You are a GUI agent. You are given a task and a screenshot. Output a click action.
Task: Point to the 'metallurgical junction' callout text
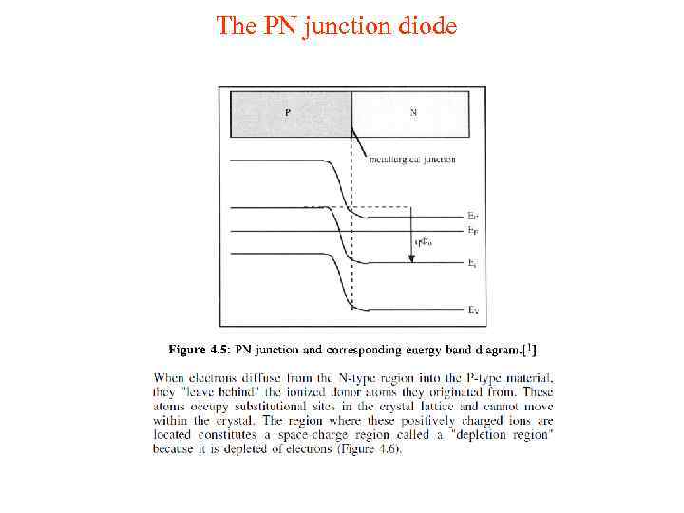click(x=411, y=159)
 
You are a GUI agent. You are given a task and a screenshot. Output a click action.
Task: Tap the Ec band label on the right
click(x=473, y=216)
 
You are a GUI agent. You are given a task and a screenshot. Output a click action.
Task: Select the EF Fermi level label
click(x=473, y=231)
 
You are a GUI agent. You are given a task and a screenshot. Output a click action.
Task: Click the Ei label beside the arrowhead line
click(x=472, y=262)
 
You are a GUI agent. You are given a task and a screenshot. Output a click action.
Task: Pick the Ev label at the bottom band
click(x=473, y=309)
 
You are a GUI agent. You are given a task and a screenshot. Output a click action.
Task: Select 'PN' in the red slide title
click(x=278, y=26)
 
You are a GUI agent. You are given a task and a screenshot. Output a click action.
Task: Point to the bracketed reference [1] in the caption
click(x=514, y=348)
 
